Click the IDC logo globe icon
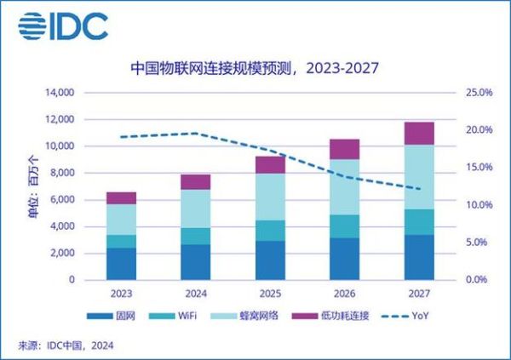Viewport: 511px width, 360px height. tap(34, 26)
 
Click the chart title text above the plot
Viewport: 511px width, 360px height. tap(254, 66)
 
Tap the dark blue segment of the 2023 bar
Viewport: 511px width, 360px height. tap(121, 264)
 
